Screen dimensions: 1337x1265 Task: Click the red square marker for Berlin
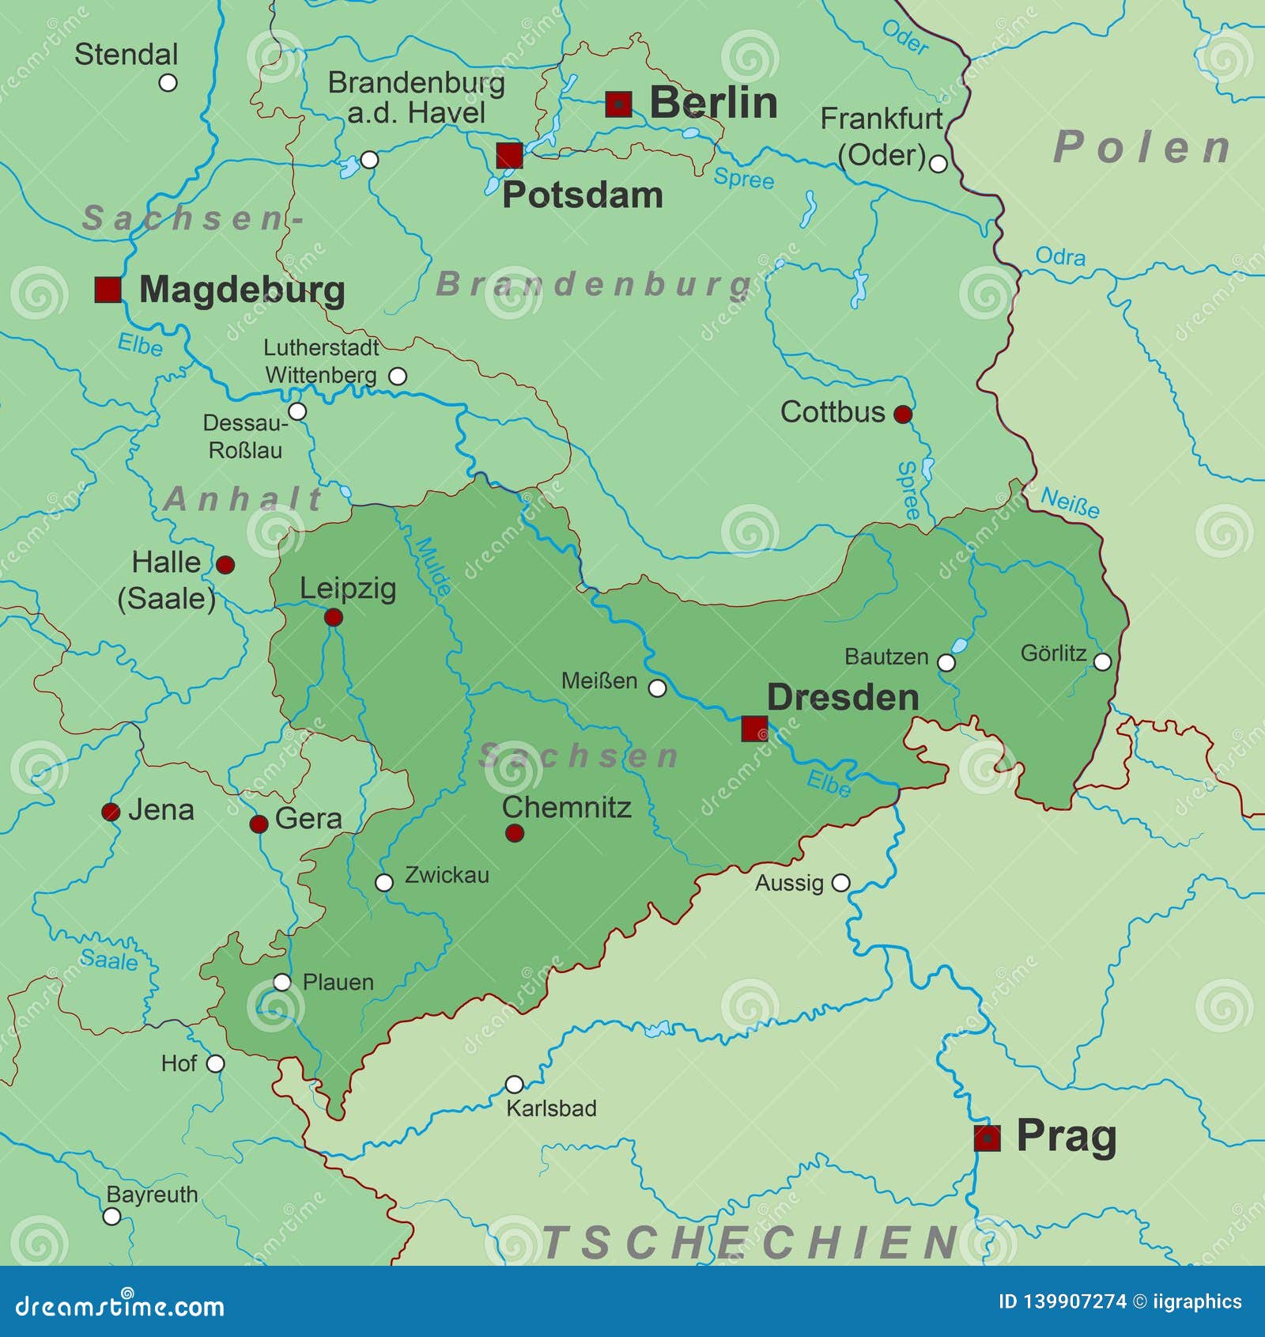coord(618,104)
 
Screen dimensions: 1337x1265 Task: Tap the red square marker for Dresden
coord(754,729)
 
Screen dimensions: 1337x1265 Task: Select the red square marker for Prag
coord(987,1138)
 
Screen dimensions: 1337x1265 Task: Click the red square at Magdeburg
coord(108,290)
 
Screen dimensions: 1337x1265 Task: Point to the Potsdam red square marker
coord(509,156)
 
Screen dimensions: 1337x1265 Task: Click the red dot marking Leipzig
coord(334,617)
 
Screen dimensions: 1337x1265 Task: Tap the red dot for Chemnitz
coord(515,832)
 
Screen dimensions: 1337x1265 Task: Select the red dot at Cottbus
coord(902,414)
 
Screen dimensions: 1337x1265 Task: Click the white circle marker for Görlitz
coord(1102,661)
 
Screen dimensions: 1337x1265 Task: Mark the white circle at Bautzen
coord(946,662)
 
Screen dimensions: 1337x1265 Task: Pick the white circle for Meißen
coord(657,688)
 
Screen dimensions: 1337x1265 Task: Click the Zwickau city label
coord(447,875)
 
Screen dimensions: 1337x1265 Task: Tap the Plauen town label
coord(338,982)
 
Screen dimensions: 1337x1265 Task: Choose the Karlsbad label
coord(551,1108)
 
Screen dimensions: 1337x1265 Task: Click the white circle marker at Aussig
coord(841,882)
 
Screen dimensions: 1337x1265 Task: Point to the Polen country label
coord(1143,147)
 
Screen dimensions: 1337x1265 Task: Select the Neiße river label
coord(1070,502)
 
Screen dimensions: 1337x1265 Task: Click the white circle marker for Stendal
coord(168,82)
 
